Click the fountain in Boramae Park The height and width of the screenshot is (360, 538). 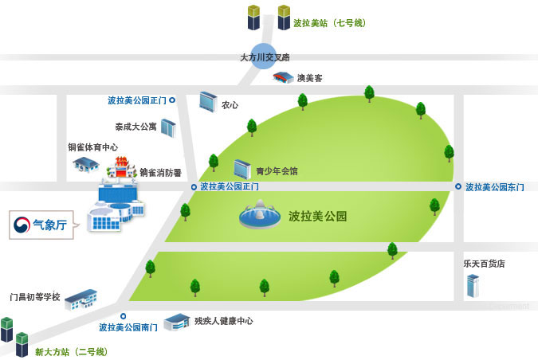pyautogui.click(x=260, y=215)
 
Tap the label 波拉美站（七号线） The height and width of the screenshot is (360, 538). pyautogui.click(x=329, y=23)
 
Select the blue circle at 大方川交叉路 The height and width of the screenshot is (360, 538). pyautogui.click(x=264, y=57)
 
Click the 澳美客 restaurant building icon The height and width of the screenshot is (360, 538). pyautogui.click(x=283, y=77)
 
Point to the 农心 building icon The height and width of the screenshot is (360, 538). pyautogui.click(x=208, y=101)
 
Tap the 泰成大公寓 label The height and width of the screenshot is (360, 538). pyautogui.click(x=135, y=127)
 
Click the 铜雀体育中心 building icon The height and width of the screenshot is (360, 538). pyautogui.click(x=86, y=165)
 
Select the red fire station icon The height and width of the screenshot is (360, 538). pyautogui.click(x=121, y=168)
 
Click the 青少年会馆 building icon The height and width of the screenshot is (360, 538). pyautogui.click(x=242, y=170)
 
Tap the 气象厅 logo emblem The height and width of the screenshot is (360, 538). pyautogui.click(x=22, y=225)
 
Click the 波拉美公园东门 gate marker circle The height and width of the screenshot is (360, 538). pyautogui.click(x=458, y=186)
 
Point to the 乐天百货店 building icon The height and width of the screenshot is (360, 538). pyautogui.click(x=473, y=286)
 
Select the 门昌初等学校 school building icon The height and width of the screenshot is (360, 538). pyautogui.click(x=81, y=300)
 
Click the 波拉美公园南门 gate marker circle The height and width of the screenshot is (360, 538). pyautogui.click(x=124, y=315)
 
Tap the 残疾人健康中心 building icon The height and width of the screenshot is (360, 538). pyautogui.click(x=177, y=322)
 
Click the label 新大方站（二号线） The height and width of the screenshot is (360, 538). pyautogui.click(x=72, y=352)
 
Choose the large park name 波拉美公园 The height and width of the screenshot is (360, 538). pyautogui.click(x=318, y=217)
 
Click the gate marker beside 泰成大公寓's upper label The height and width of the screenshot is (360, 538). pyautogui.click(x=172, y=100)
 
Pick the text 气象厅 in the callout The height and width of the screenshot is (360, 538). pyautogui.click(x=50, y=225)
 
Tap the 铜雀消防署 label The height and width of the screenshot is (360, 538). pyautogui.click(x=160, y=173)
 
